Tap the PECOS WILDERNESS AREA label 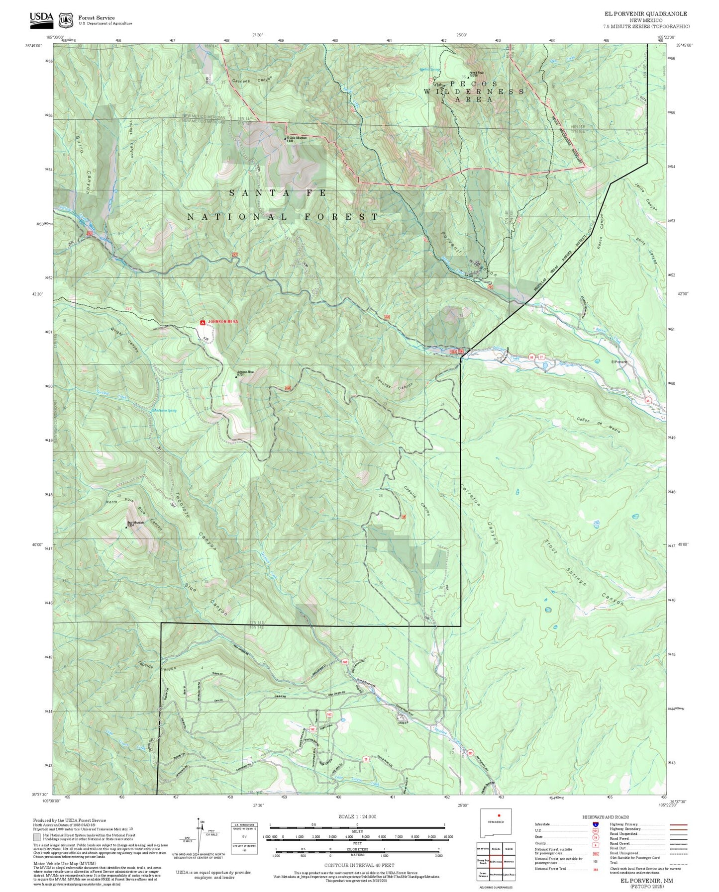(x=474, y=91)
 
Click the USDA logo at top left (x=41, y=18)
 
